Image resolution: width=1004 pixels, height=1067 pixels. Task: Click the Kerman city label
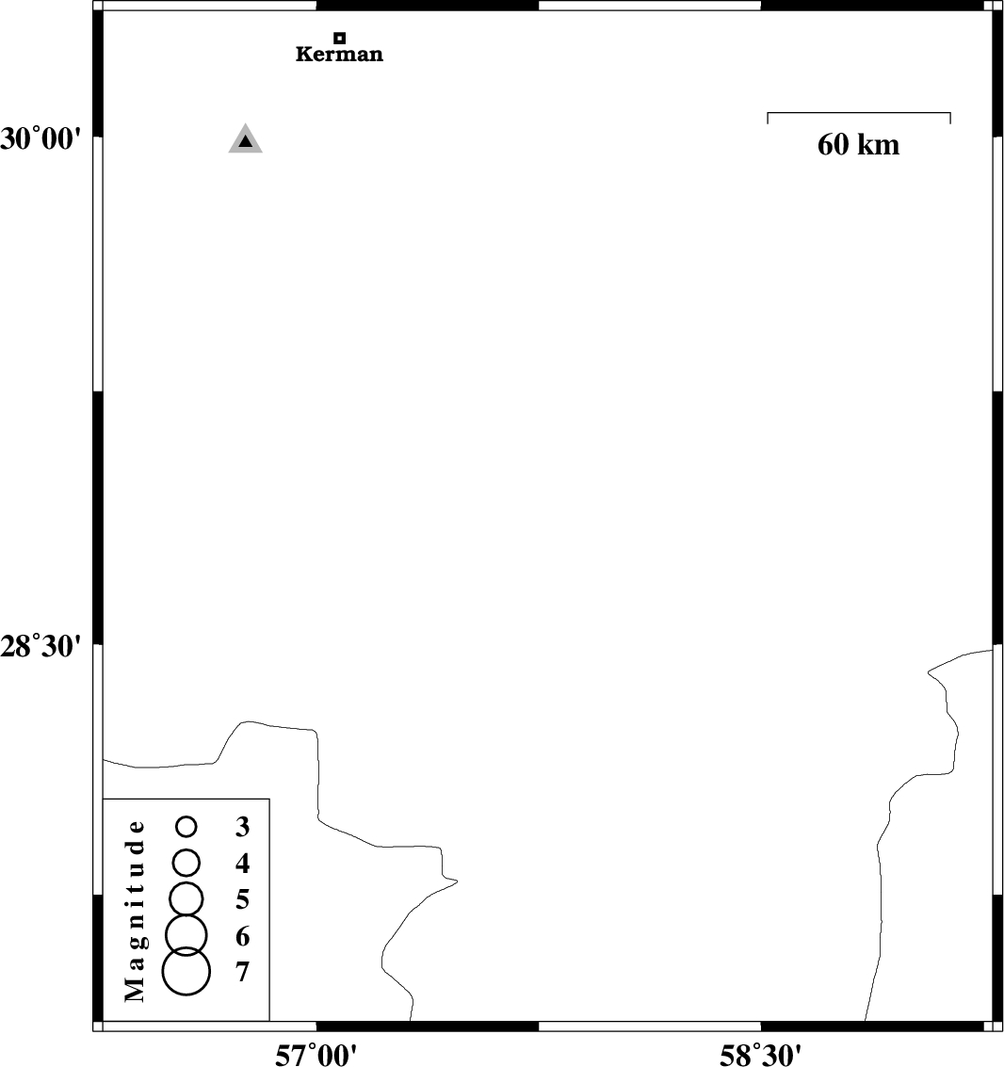coord(339,54)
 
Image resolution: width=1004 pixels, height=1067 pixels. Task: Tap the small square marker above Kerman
coord(340,38)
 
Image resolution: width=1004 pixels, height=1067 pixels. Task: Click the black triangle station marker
coord(245,141)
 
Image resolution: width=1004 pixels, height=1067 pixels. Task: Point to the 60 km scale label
coord(858,144)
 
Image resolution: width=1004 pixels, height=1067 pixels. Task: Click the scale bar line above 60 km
coord(859,113)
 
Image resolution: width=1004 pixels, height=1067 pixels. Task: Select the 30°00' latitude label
coord(40,138)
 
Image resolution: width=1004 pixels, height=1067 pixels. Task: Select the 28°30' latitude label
coord(40,646)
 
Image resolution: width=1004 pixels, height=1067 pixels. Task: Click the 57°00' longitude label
coord(316,1055)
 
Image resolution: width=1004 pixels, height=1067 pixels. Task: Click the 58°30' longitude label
coord(760,1055)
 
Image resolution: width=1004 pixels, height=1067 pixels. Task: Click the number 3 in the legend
coord(242,827)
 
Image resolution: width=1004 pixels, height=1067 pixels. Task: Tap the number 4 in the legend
coord(242,864)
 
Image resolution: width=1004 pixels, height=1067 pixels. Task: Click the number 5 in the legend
coord(242,900)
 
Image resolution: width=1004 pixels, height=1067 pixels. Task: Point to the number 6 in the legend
coord(242,937)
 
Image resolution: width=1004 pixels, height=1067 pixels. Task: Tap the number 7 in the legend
coord(242,973)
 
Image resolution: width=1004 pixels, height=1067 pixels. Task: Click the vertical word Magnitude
coord(136,912)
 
